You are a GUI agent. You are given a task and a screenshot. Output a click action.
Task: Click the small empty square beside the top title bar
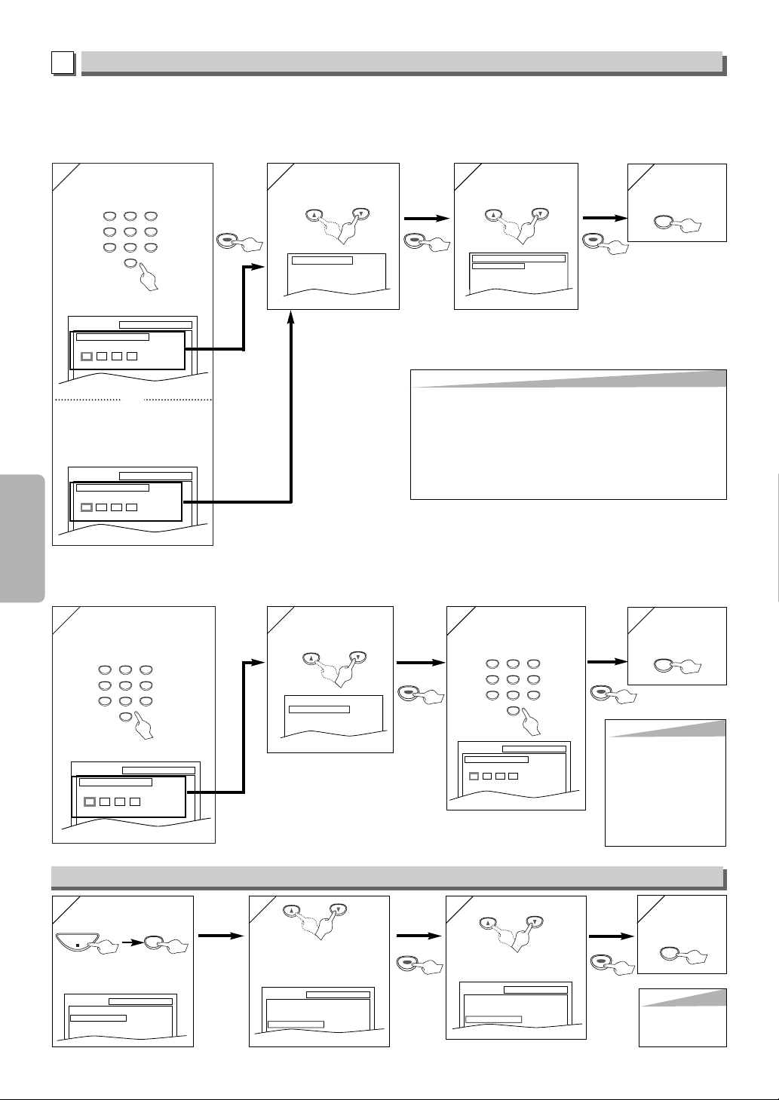pyautogui.click(x=63, y=63)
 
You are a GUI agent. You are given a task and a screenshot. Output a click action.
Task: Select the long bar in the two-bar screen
pyautogui.click(x=518, y=259)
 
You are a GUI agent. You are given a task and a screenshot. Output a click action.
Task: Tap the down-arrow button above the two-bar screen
pyautogui.click(x=540, y=213)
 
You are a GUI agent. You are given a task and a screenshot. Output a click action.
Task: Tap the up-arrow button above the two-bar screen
pyautogui.click(x=490, y=213)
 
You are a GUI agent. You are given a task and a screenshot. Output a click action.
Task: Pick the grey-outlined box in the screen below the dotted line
pyautogui.click(x=86, y=507)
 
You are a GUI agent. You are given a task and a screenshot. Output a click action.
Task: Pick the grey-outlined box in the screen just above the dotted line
pyautogui.click(x=87, y=356)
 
